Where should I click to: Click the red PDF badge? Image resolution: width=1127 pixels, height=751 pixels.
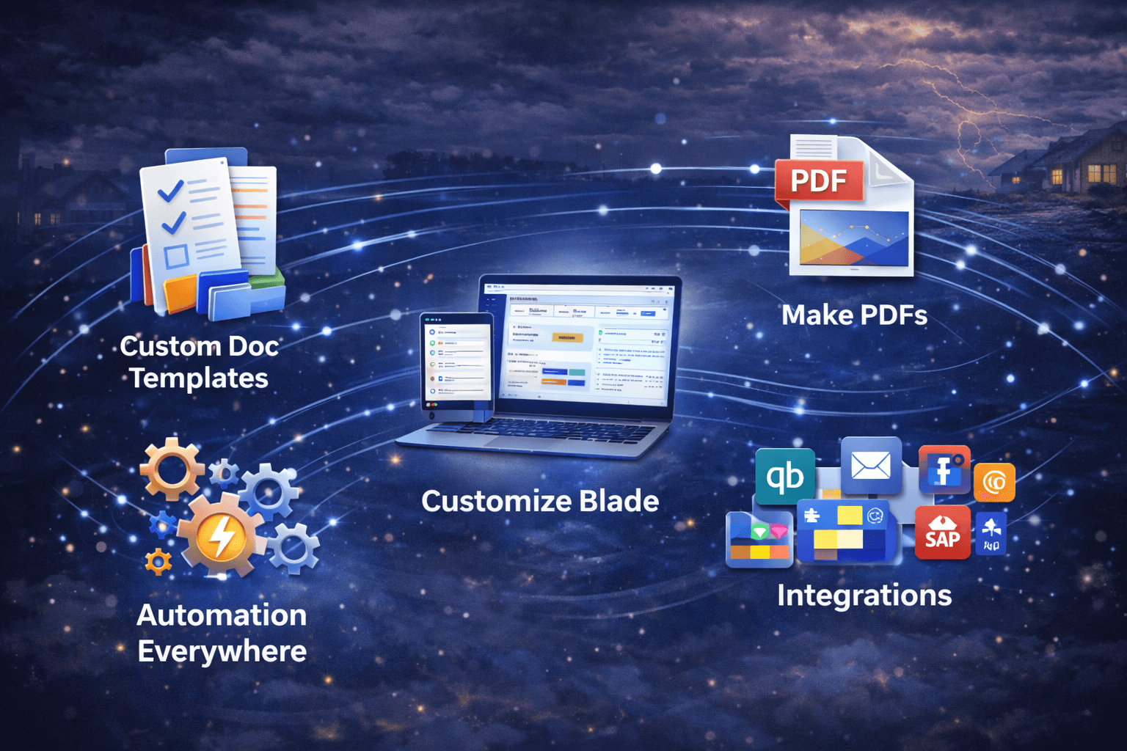(819, 180)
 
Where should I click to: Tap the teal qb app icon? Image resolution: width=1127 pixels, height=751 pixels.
(785, 477)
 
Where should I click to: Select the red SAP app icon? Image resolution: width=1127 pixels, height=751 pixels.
(943, 533)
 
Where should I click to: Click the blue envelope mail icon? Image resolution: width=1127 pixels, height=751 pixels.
(871, 465)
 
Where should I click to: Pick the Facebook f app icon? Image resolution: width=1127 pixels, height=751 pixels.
(944, 469)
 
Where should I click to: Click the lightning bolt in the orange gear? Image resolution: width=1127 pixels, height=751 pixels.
(220, 537)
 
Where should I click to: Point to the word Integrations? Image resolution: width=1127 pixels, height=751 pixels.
(864, 595)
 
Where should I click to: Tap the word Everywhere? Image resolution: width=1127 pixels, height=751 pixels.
(222, 651)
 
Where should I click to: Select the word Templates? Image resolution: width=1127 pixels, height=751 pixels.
(200, 378)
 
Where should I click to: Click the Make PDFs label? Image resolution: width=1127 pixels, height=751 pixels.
(854, 315)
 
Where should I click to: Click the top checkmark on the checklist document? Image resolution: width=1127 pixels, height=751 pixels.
(171, 192)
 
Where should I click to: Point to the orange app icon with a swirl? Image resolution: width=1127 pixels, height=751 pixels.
(994, 483)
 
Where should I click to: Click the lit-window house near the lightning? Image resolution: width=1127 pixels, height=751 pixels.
(1079, 165)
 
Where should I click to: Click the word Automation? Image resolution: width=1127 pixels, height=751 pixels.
(222, 615)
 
